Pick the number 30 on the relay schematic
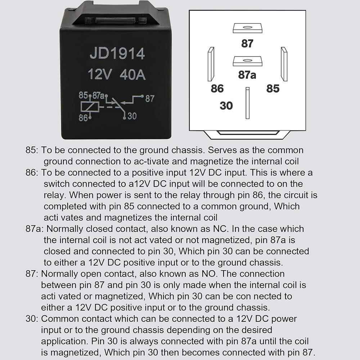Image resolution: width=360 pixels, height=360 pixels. pyautogui.click(x=132, y=116)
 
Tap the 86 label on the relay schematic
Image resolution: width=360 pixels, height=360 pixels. pyautogui.click(x=83, y=117)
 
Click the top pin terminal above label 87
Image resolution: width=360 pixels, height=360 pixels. pyautogui.click(x=247, y=28)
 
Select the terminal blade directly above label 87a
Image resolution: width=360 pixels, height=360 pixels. pyautogui.click(x=247, y=61)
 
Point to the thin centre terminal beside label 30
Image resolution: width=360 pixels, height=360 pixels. pyautogui.click(x=247, y=103)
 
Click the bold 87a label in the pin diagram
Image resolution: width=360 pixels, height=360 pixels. pyautogui.click(x=247, y=75)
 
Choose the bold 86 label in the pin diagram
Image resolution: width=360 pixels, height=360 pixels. pyautogui.click(x=217, y=89)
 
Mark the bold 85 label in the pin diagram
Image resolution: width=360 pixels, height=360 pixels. pyautogui.click(x=273, y=89)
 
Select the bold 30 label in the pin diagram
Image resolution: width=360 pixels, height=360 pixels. pyautogui.click(x=226, y=106)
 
